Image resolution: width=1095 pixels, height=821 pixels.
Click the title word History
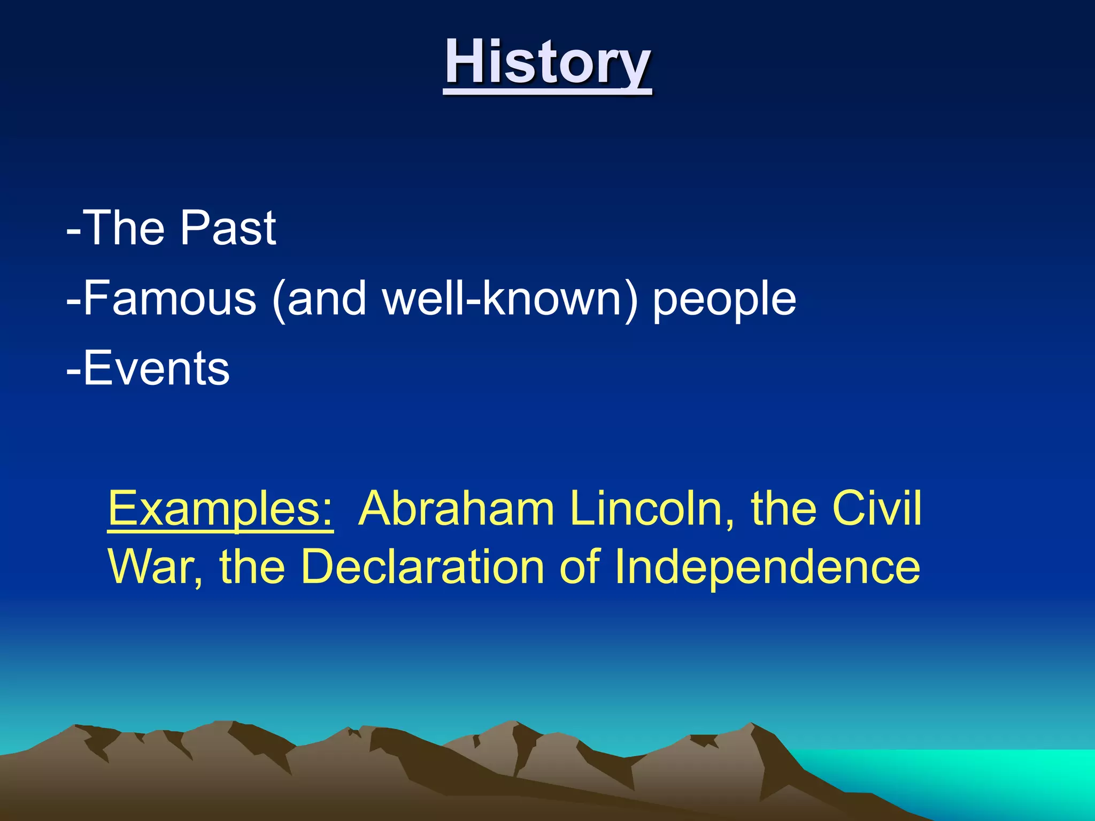547,63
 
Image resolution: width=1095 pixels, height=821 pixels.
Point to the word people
724,299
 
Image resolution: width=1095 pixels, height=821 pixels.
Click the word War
151,567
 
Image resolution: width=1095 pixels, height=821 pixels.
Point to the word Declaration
422,567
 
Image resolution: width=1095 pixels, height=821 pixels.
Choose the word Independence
767,567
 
